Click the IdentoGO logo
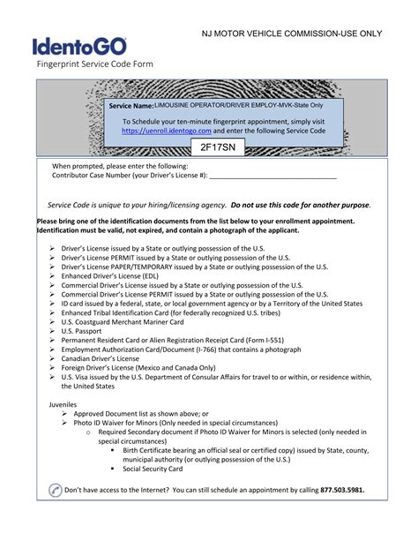point(80,47)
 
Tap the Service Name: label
point(131,106)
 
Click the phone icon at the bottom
point(55,490)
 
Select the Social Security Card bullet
point(154,469)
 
